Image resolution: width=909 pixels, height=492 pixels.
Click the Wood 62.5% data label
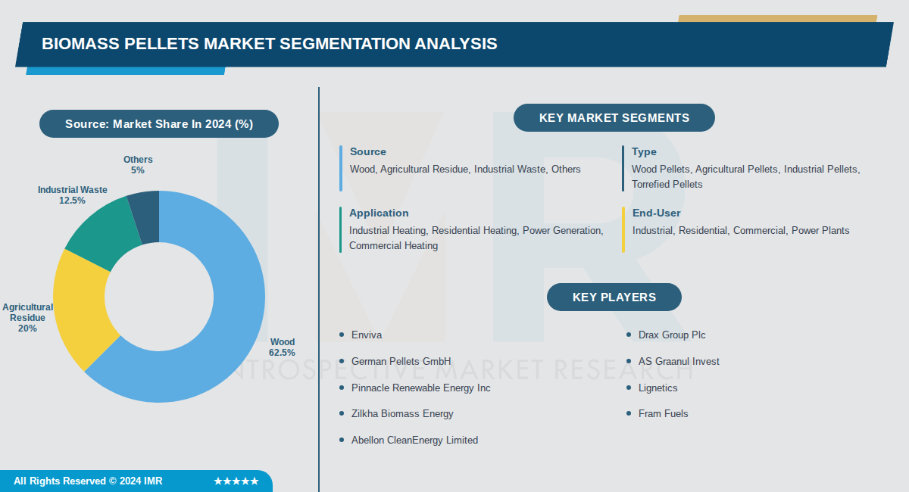click(x=282, y=347)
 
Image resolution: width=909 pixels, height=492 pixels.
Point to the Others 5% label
click(x=138, y=165)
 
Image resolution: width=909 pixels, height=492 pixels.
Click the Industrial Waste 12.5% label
click(x=73, y=195)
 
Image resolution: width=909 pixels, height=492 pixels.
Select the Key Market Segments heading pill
click(x=614, y=118)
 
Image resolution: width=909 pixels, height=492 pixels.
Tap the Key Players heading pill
click(x=614, y=297)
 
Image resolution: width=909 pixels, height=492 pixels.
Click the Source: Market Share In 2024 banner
click(x=159, y=124)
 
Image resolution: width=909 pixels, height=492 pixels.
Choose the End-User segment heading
click(x=656, y=213)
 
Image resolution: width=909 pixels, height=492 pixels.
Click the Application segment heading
click(x=379, y=213)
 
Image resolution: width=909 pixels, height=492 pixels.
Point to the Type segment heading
click(x=644, y=151)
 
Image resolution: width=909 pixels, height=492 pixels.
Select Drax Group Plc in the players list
click(x=672, y=335)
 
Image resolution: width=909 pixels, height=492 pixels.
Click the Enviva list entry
click(x=367, y=335)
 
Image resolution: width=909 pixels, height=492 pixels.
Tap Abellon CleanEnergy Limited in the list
click(x=414, y=440)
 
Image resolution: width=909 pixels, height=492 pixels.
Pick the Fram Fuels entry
click(x=663, y=413)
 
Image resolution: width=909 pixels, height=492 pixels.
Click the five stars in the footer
click(x=236, y=481)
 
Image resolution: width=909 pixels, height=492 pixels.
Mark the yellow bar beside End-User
click(x=623, y=229)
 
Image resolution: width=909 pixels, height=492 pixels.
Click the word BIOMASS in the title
click(x=77, y=44)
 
